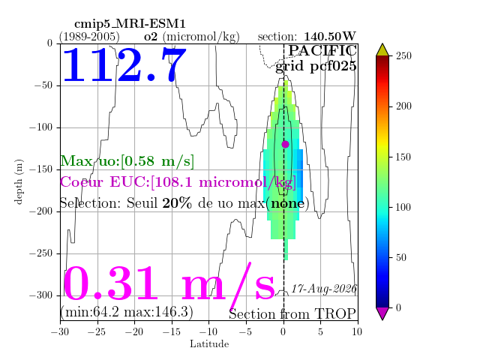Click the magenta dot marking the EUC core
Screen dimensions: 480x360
click(x=285, y=144)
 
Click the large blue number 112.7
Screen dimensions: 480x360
click(x=124, y=65)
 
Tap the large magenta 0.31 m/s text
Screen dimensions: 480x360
click(x=169, y=283)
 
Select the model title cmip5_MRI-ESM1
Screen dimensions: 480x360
click(x=130, y=24)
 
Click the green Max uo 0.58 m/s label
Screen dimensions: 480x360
click(x=127, y=161)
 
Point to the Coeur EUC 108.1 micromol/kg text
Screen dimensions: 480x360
click(x=178, y=182)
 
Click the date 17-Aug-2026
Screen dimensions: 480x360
click(x=324, y=289)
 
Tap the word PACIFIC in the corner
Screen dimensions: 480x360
click(x=322, y=51)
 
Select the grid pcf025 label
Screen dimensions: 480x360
click(x=316, y=66)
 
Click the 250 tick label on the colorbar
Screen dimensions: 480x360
click(x=403, y=56)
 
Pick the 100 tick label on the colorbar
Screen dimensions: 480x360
click(x=403, y=207)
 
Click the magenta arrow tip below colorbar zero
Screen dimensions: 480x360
click(x=382, y=320)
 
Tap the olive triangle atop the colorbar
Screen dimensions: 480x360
click(x=382, y=50)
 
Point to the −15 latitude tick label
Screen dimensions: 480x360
click(x=172, y=331)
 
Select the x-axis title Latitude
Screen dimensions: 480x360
click(x=209, y=344)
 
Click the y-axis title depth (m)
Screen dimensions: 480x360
click(x=19, y=181)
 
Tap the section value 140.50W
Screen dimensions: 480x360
click(x=330, y=37)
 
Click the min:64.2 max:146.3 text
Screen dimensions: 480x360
click(x=127, y=312)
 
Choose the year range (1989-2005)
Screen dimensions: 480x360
click(x=89, y=37)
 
